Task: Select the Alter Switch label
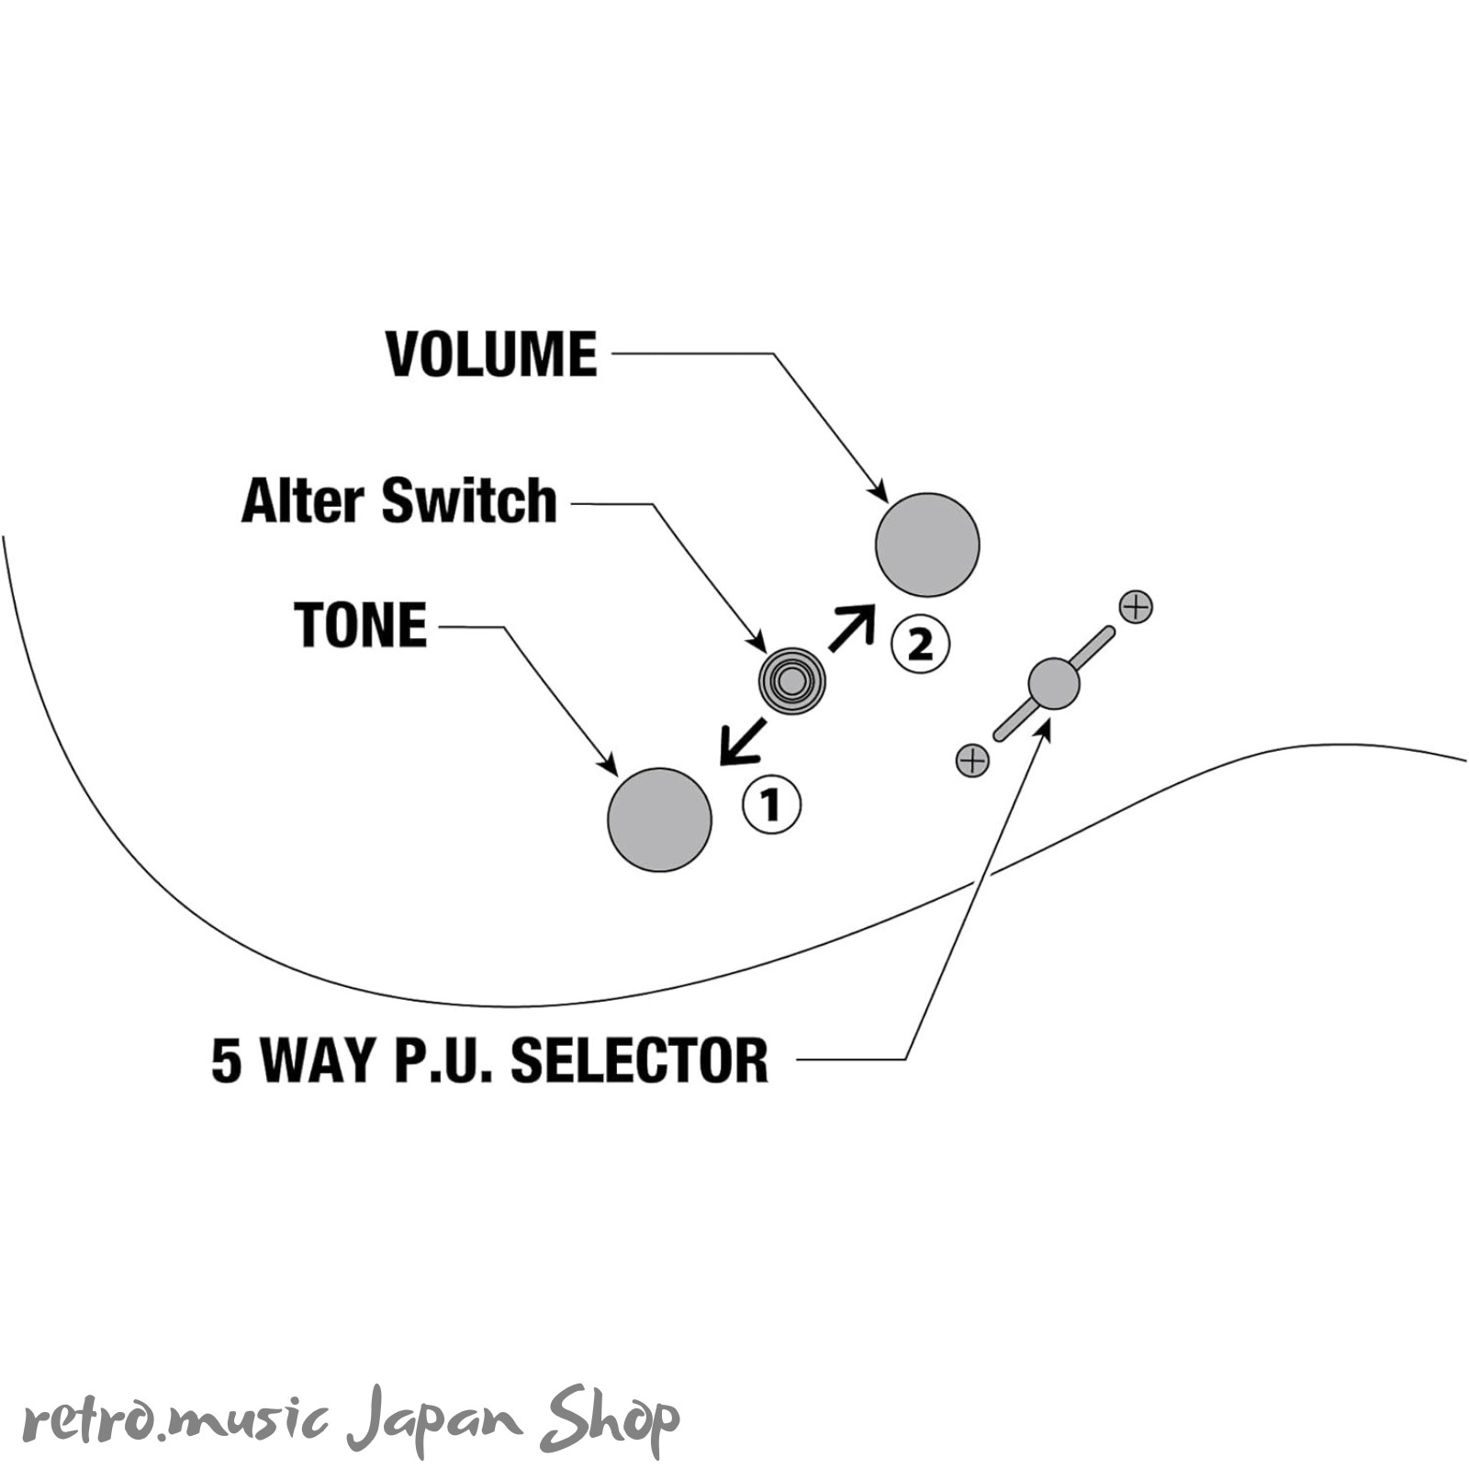pyautogui.click(x=399, y=500)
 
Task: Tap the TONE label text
pyautogui.click(x=361, y=625)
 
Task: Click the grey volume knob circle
pyautogui.click(x=927, y=544)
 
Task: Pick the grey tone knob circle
pyautogui.click(x=659, y=819)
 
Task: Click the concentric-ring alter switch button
pyautogui.click(x=791, y=681)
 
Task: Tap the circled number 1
pyautogui.click(x=771, y=805)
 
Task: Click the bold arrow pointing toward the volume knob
pyautogui.click(x=852, y=627)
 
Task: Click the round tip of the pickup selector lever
pyautogui.click(x=1054, y=684)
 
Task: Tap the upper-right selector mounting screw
pyautogui.click(x=1136, y=607)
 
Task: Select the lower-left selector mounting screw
pyautogui.click(x=972, y=760)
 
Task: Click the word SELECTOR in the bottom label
pyautogui.click(x=639, y=1060)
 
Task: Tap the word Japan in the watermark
pyautogui.click(x=434, y=1420)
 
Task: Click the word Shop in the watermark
pyautogui.click(x=609, y=1420)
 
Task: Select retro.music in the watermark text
pyautogui.click(x=175, y=1422)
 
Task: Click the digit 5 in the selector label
pyautogui.click(x=227, y=1060)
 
